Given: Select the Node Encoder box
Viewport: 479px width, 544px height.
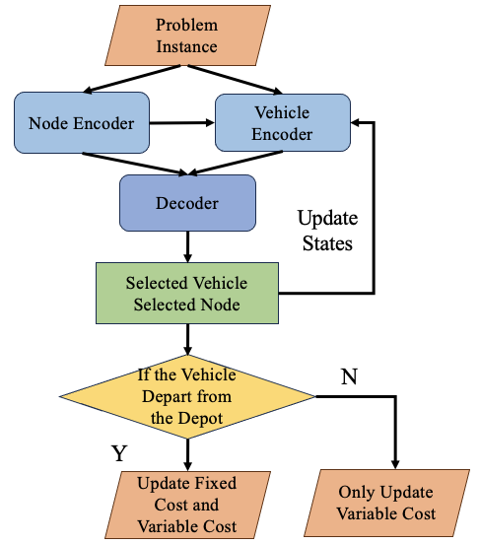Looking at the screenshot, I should [82, 123].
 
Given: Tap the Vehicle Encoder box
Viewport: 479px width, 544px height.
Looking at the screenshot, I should [282, 122].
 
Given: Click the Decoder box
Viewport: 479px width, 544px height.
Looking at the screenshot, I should [187, 204].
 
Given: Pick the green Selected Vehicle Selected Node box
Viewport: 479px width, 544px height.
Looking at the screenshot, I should [186, 293].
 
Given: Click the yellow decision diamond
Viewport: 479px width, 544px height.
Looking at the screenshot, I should [187, 396].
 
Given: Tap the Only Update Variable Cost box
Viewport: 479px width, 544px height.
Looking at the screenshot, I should [391, 503].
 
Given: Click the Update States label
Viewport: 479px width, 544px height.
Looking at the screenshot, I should [327, 230].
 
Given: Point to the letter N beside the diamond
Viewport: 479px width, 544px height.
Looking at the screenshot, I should [348, 376].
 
